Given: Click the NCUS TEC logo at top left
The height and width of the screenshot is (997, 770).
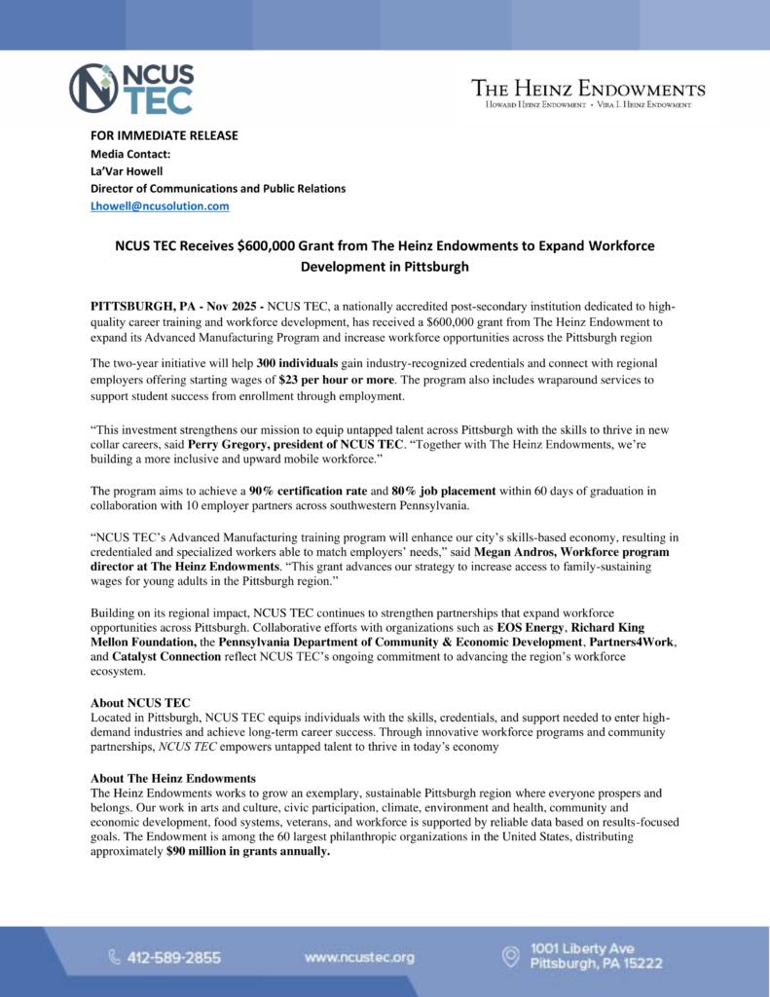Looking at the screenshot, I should [x=131, y=89].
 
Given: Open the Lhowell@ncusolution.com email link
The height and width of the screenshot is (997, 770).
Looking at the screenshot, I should [x=160, y=205].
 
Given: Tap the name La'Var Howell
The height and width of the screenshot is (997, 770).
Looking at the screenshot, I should [x=128, y=170].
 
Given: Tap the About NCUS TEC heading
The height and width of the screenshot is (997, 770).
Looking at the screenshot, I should [x=140, y=703].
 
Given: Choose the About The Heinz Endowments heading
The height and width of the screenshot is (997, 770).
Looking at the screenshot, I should [x=172, y=778].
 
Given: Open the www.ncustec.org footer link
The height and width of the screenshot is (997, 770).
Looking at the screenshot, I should [x=359, y=957].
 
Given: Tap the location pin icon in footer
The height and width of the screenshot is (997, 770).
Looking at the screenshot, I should [x=509, y=956].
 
